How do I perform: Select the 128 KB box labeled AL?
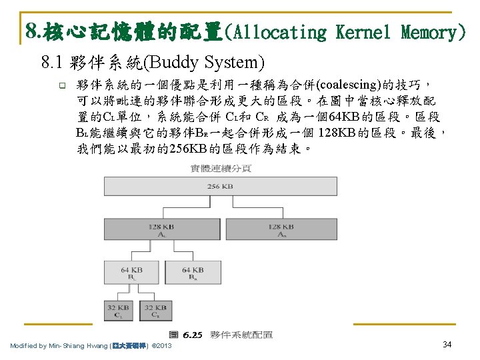click(162, 231)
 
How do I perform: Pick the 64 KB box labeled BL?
click(131, 273)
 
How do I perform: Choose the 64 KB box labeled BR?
click(193, 273)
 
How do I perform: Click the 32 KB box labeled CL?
click(118, 311)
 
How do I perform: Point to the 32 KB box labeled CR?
click(155, 311)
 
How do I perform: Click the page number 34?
click(447, 344)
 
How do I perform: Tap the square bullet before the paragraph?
click(61, 85)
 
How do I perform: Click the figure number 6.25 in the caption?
click(193, 335)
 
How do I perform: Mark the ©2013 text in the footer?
click(162, 346)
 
